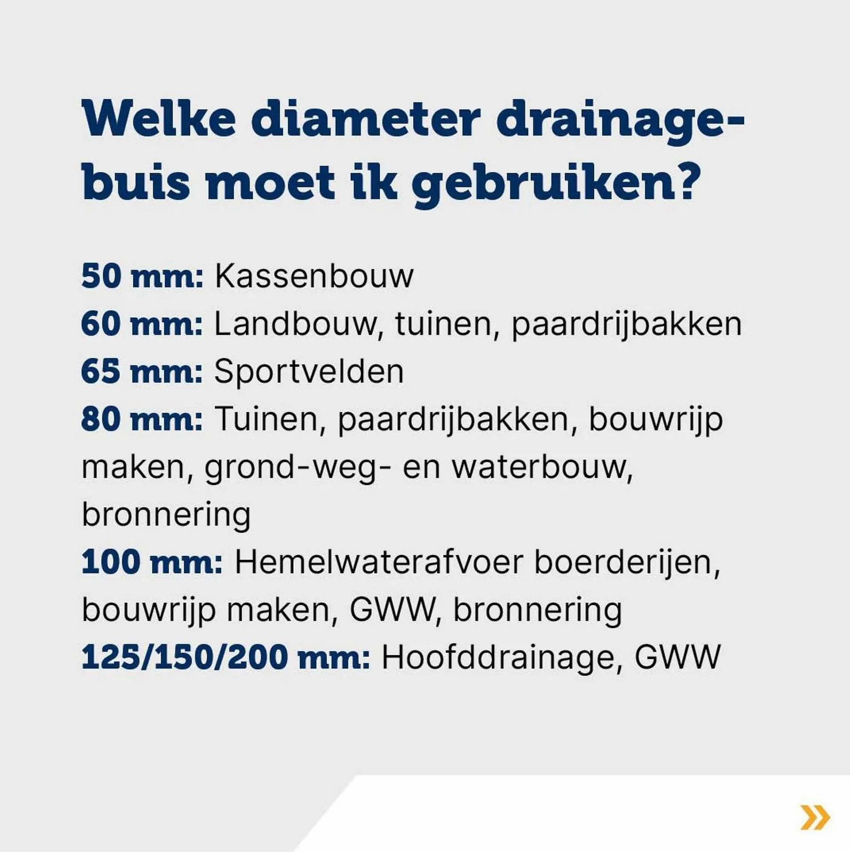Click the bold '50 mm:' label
point(142,277)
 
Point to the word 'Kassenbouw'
point(314,277)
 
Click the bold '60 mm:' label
point(142,324)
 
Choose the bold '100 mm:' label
point(152,562)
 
